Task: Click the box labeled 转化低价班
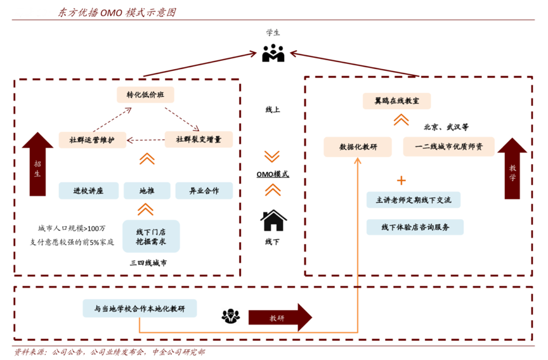(146, 95)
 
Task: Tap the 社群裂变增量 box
(199, 139)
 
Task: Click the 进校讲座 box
(88, 190)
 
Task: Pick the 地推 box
(147, 190)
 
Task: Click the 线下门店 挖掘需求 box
(150, 236)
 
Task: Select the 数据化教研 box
(358, 147)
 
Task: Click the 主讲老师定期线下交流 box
(413, 200)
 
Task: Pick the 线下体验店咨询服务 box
(415, 226)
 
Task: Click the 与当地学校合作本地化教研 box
(140, 309)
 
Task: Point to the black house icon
(273, 221)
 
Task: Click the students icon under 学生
(273, 53)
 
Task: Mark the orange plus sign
(401, 180)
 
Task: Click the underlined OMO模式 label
(273, 174)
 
